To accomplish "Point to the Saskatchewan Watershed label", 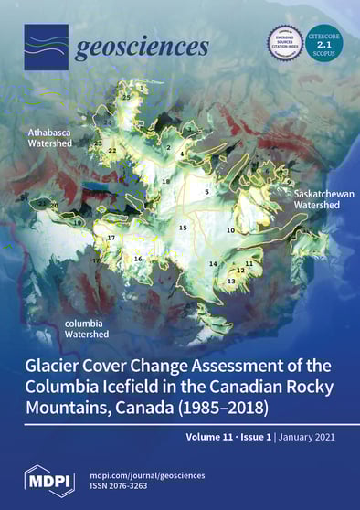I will tap(316, 200).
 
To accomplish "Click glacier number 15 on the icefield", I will tap(183, 228).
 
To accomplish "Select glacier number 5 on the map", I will tap(206, 192).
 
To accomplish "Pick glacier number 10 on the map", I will tap(230, 231).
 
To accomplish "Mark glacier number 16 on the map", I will tap(138, 259).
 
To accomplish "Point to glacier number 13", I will tap(231, 282).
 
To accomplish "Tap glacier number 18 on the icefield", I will tap(165, 182).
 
